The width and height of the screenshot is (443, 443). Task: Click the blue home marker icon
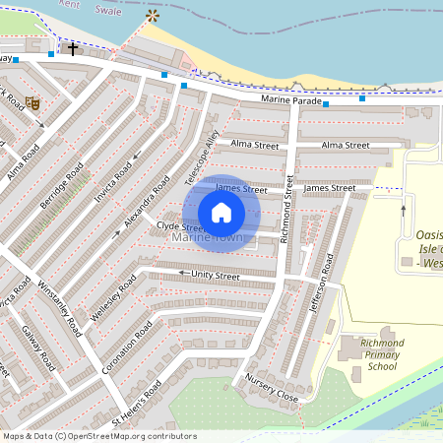pyautogui.click(x=221, y=213)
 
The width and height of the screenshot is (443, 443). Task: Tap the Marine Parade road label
pyautogui.click(x=291, y=100)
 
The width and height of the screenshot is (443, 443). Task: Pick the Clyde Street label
pyautogui.click(x=180, y=226)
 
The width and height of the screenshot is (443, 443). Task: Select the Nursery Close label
pyautogui.click(x=272, y=389)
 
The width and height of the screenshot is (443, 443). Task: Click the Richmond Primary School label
pyautogui.click(x=371, y=354)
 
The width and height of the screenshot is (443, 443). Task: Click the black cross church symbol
pyautogui.click(x=72, y=48)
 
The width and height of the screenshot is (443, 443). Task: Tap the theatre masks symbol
pyautogui.click(x=32, y=101)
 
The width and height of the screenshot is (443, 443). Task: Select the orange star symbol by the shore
pyautogui.click(x=152, y=17)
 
